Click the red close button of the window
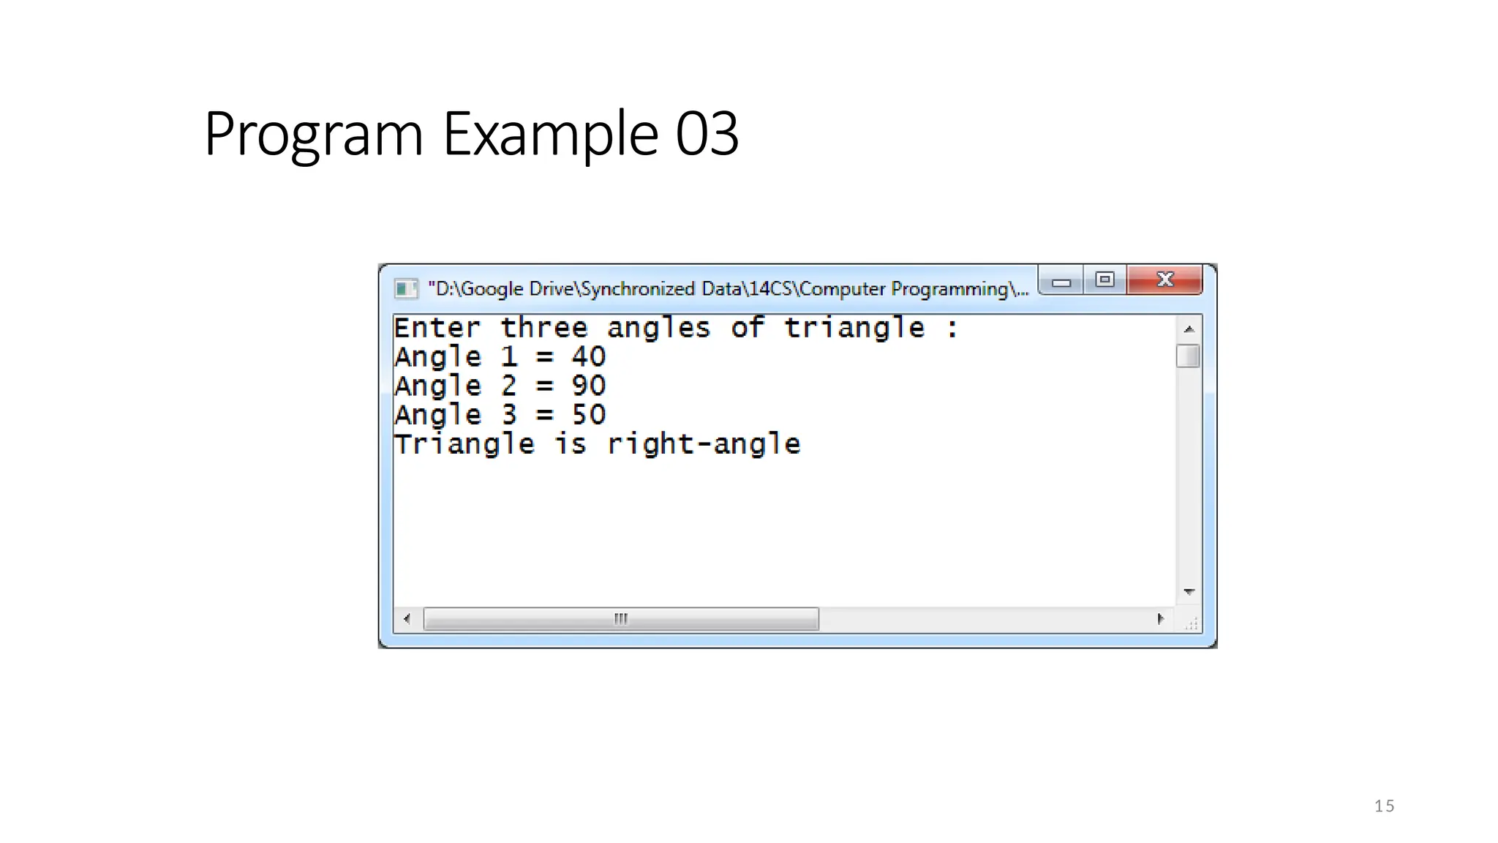[x=1164, y=280]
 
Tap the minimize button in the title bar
[x=1061, y=281]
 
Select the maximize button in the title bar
[x=1104, y=280]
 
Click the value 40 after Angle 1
[x=589, y=357]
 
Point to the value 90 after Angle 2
[x=589, y=386]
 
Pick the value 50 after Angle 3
[x=589, y=415]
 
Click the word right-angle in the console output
[x=704, y=444]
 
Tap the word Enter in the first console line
[x=437, y=328]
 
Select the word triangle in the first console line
[x=854, y=328]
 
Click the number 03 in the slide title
[x=707, y=134]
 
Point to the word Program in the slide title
[x=314, y=134]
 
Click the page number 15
[x=1384, y=806]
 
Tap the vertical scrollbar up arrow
[x=1189, y=329]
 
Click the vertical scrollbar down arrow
[x=1189, y=591]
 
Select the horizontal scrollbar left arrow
[x=407, y=619]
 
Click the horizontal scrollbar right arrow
[x=1161, y=619]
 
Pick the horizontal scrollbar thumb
[x=620, y=619]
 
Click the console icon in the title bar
[x=405, y=288]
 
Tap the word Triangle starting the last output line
[x=464, y=444]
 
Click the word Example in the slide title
[x=550, y=134]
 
